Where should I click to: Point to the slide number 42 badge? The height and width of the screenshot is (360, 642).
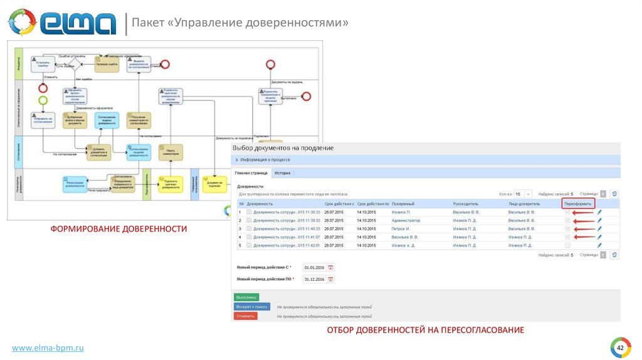[620, 348]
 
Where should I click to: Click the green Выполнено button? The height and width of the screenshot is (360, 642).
[246, 297]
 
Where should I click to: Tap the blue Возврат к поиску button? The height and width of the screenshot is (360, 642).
[252, 307]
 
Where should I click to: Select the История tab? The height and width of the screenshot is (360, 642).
[282, 172]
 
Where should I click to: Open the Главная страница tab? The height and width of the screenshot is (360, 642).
[251, 172]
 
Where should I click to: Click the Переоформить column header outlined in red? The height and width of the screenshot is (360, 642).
[577, 204]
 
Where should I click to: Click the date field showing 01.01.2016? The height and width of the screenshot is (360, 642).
[315, 268]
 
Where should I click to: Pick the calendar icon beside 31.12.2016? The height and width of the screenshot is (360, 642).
[330, 279]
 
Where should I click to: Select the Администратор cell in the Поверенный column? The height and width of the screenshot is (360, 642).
[406, 221]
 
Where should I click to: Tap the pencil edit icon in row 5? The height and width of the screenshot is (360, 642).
[599, 245]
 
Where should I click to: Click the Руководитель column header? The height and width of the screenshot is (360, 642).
[466, 204]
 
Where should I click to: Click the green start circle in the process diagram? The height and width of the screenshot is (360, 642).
[43, 100]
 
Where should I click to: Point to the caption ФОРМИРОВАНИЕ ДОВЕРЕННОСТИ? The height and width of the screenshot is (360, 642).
[119, 229]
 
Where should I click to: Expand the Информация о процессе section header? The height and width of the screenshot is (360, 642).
[268, 160]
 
